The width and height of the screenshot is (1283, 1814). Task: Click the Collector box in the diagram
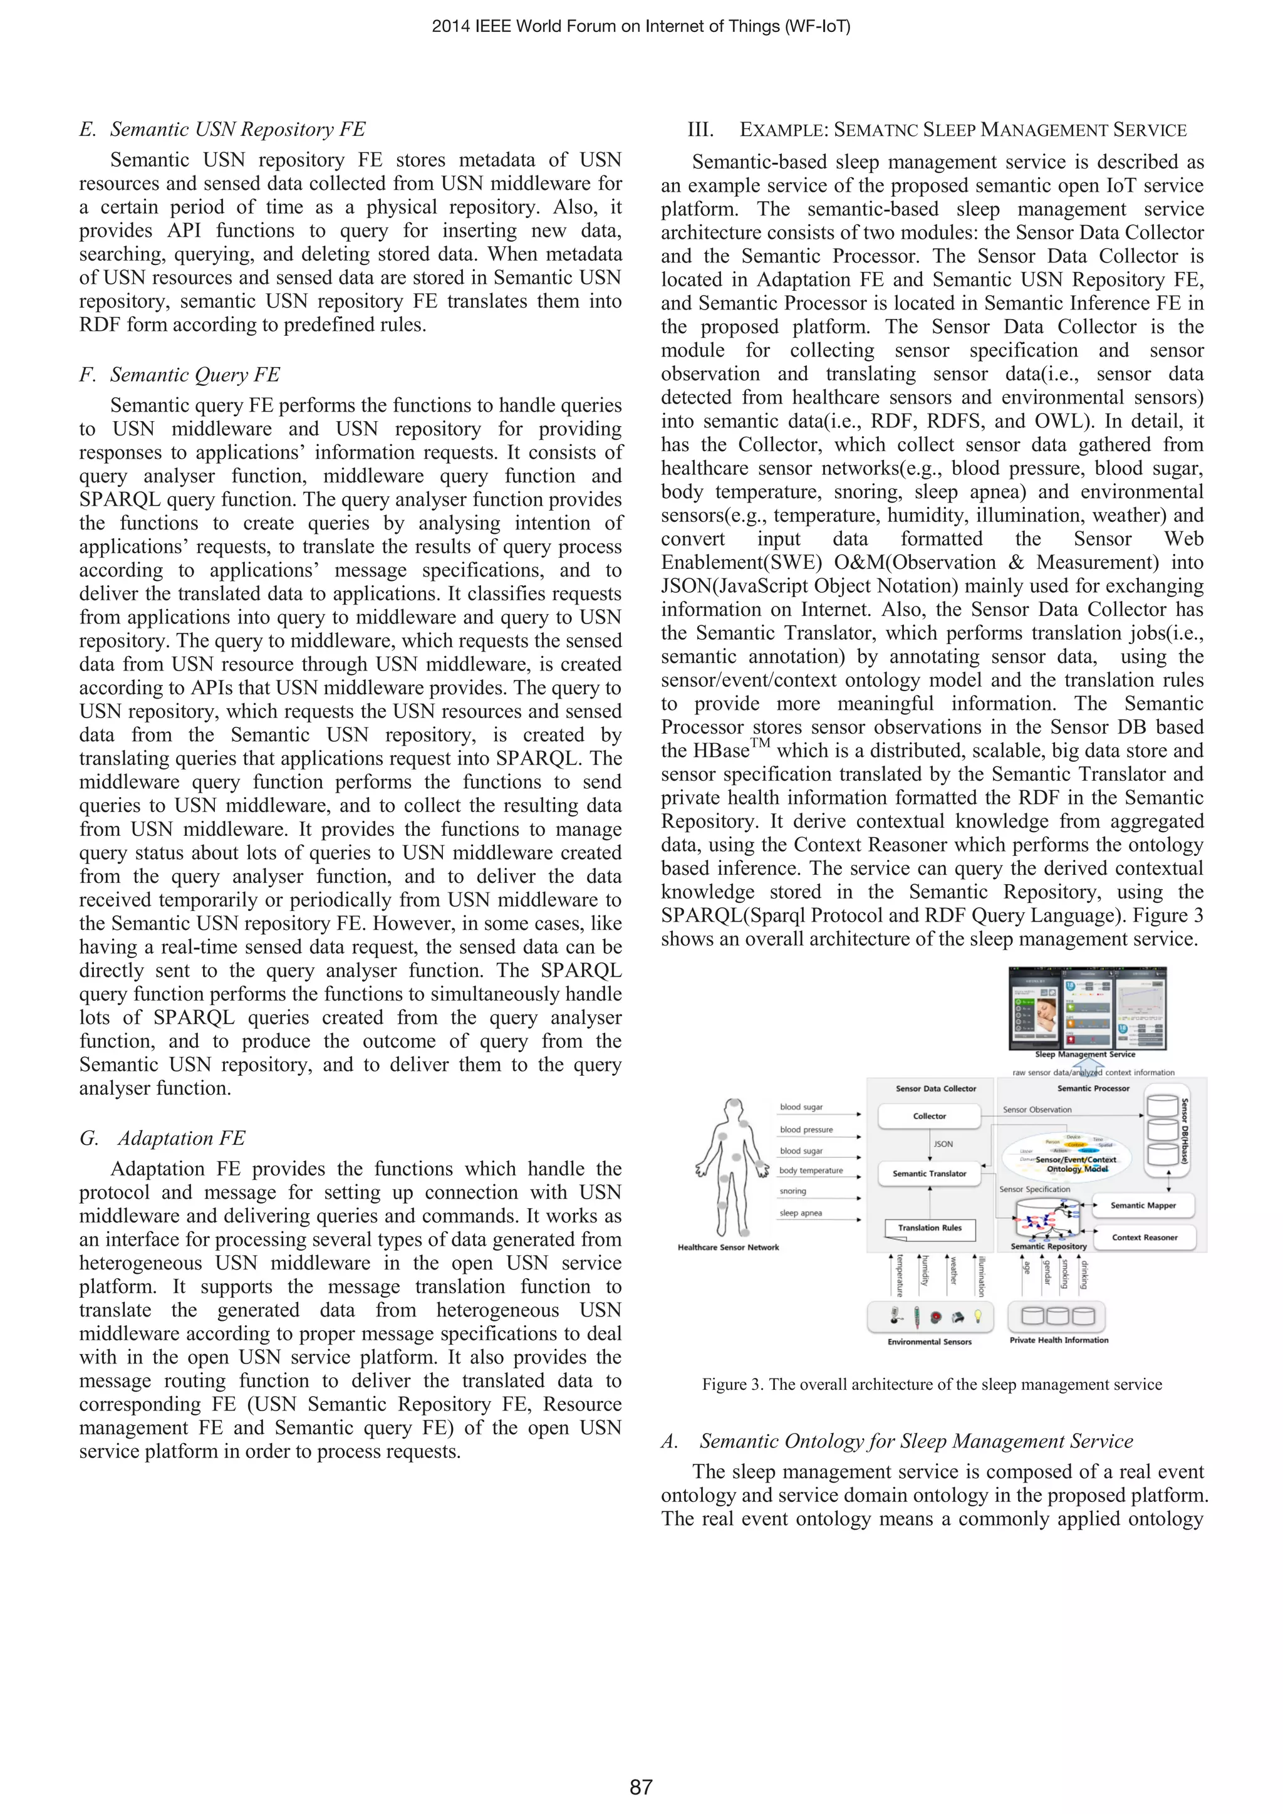coord(929,1117)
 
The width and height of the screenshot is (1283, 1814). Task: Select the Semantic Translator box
coord(929,1173)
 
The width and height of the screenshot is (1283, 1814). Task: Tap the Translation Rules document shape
coord(930,1229)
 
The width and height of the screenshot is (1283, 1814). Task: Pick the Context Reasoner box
coord(1144,1238)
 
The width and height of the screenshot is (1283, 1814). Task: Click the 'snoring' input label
coord(793,1191)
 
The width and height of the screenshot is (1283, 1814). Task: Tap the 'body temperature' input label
coord(811,1170)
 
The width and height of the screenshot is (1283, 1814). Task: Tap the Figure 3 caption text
coord(932,1384)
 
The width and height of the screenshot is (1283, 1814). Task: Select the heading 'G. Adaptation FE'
coord(163,1138)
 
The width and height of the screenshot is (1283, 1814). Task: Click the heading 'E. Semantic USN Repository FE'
coord(223,130)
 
